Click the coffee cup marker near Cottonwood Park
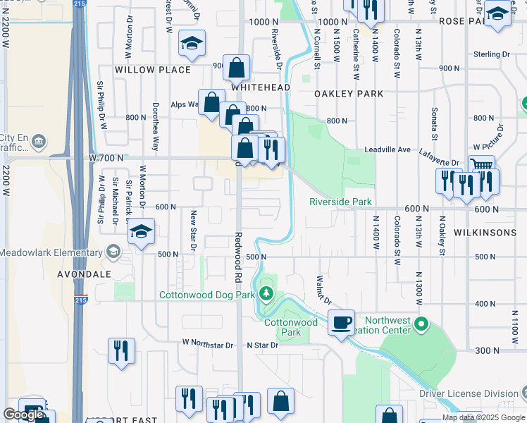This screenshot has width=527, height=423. tap(342, 323)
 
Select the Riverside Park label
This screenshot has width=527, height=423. tap(340, 202)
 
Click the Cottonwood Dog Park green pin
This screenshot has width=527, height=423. tap(266, 293)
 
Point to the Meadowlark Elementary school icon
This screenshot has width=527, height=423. tap(113, 252)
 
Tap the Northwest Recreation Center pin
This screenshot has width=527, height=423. tap(421, 324)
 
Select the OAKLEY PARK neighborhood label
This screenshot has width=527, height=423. tap(349, 94)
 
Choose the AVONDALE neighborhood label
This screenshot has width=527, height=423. tap(85, 273)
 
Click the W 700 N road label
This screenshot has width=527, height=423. tap(106, 158)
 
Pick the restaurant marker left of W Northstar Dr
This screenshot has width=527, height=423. tap(121, 350)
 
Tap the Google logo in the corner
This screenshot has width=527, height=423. tap(23, 415)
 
